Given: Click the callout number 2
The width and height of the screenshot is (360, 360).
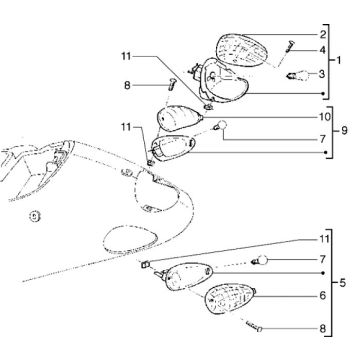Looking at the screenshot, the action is coord(322,35).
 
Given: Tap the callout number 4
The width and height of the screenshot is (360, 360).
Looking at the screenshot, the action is coord(322,50).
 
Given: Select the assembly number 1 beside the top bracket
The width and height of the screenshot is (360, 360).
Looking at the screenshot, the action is coord(339,60).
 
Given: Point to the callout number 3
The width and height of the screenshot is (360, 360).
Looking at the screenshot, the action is coord(322,74).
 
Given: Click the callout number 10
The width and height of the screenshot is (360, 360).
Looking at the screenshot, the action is coord(323,117).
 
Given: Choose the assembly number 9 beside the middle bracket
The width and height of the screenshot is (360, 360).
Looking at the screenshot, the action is coord(343,130).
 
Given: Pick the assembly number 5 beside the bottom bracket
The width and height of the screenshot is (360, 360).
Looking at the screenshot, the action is coord(343,284).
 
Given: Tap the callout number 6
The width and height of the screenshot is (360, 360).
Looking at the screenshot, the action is coord(323,296).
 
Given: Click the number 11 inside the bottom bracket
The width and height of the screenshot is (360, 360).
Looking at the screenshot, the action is coord(323,239).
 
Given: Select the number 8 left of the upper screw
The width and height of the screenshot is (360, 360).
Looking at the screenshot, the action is coord(127,86).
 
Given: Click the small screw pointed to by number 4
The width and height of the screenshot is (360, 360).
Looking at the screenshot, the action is coord(289,46).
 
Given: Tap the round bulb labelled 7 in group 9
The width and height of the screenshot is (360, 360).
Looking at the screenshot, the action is coord(221,126).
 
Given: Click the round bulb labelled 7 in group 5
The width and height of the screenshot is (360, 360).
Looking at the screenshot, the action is coord(260,260).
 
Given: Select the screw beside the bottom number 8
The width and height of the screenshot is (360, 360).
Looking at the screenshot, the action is coord(254,326).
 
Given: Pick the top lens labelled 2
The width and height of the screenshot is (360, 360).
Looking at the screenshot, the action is coord(242,50).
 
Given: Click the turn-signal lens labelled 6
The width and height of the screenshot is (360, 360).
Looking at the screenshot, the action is coord(230,299).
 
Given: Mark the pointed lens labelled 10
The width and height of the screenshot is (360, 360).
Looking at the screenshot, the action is coord(179,118).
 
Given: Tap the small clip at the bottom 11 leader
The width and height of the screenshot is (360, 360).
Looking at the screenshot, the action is coord(145,265).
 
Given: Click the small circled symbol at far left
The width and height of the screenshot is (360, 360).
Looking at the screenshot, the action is coord(34,217).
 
